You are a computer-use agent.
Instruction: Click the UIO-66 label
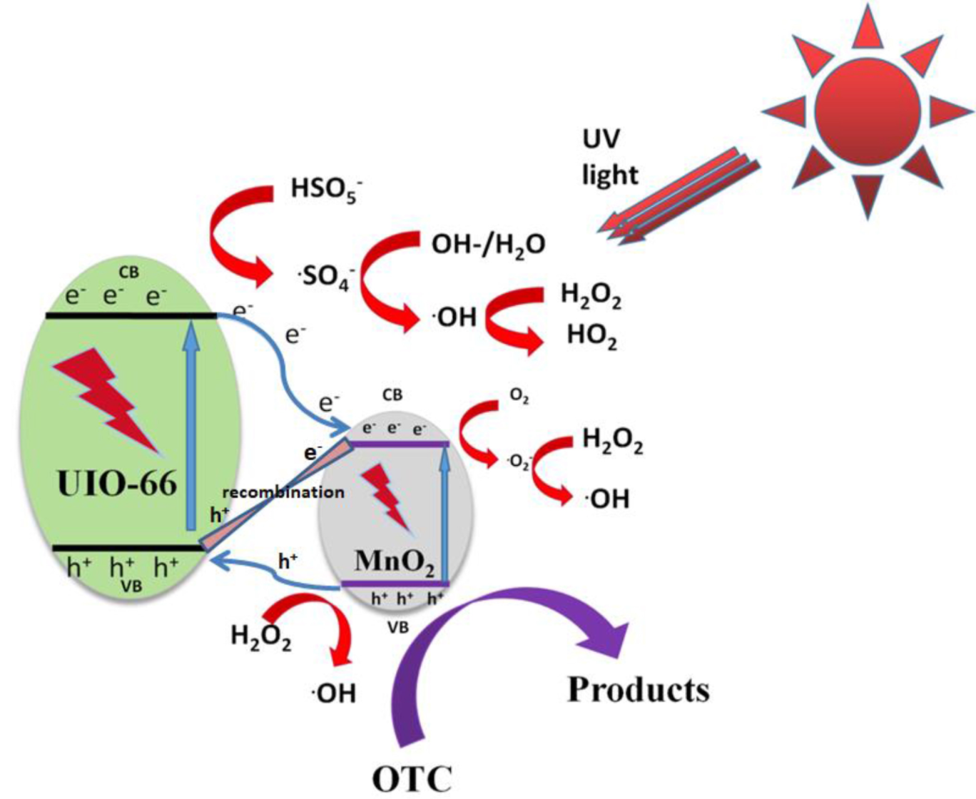116,484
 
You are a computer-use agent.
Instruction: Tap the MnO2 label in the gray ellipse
394,561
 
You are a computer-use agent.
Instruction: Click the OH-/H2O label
488,245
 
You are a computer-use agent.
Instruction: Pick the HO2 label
591,335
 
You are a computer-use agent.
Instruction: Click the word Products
638,690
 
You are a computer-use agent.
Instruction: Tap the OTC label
412,778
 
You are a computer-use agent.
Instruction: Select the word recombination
283,492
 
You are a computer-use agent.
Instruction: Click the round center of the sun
867,110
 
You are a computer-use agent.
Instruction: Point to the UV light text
609,156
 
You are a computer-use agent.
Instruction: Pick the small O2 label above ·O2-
519,397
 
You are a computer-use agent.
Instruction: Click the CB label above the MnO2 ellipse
392,395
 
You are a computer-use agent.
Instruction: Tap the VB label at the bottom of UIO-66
131,586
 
